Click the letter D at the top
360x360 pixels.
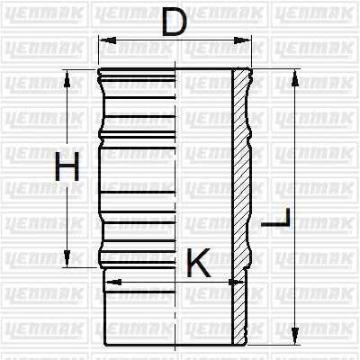pyautogui.click(x=175, y=22)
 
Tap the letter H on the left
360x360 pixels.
pyautogui.click(x=67, y=168)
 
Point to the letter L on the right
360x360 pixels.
pyautogui.click(x=282, y=220)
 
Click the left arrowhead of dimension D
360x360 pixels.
pyautogui.click(x=103, y=40)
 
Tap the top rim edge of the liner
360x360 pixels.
pyautogui.click(x=171, y=68)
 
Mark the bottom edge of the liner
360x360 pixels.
pyautogui.click(x=171, y=345)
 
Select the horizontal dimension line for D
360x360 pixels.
pyautogui.click(x=135, y=40)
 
